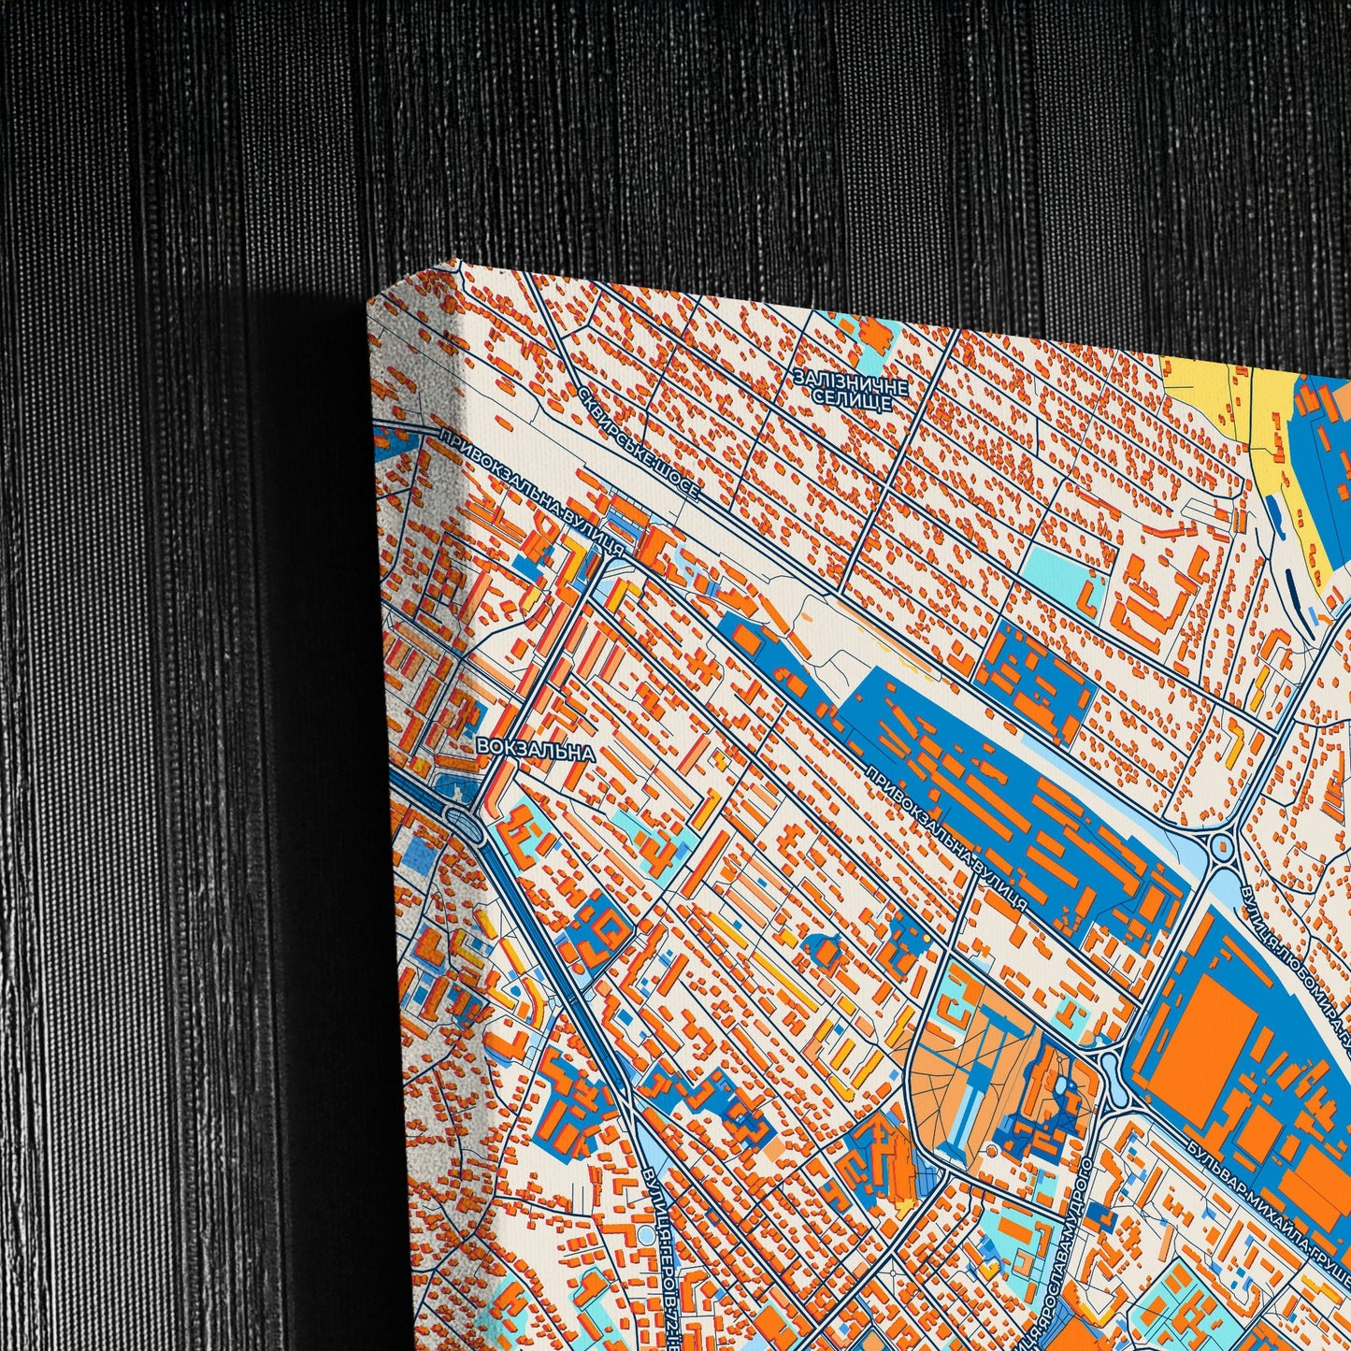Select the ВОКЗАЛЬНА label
(x=535, y=749)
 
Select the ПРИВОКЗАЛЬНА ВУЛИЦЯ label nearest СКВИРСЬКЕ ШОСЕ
(x=531, y=494)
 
